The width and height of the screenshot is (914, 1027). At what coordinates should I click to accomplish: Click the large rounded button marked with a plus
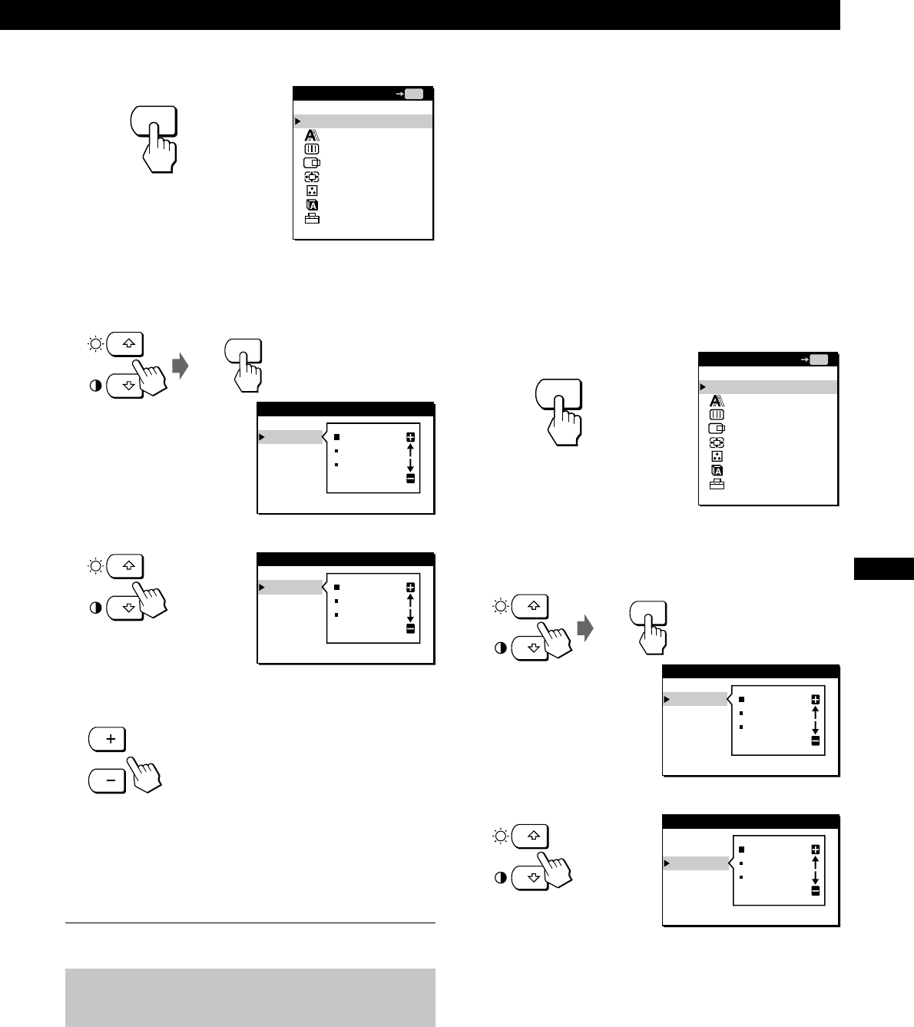108,739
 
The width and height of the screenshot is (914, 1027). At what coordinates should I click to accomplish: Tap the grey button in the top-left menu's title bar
414,94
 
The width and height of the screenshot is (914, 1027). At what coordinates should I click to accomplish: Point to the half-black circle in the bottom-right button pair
501,878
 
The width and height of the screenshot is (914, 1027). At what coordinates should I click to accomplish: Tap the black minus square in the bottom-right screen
815,891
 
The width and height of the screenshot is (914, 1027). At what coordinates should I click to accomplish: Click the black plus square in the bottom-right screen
815,850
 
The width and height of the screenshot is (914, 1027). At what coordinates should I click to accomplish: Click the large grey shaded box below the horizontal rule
250,997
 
